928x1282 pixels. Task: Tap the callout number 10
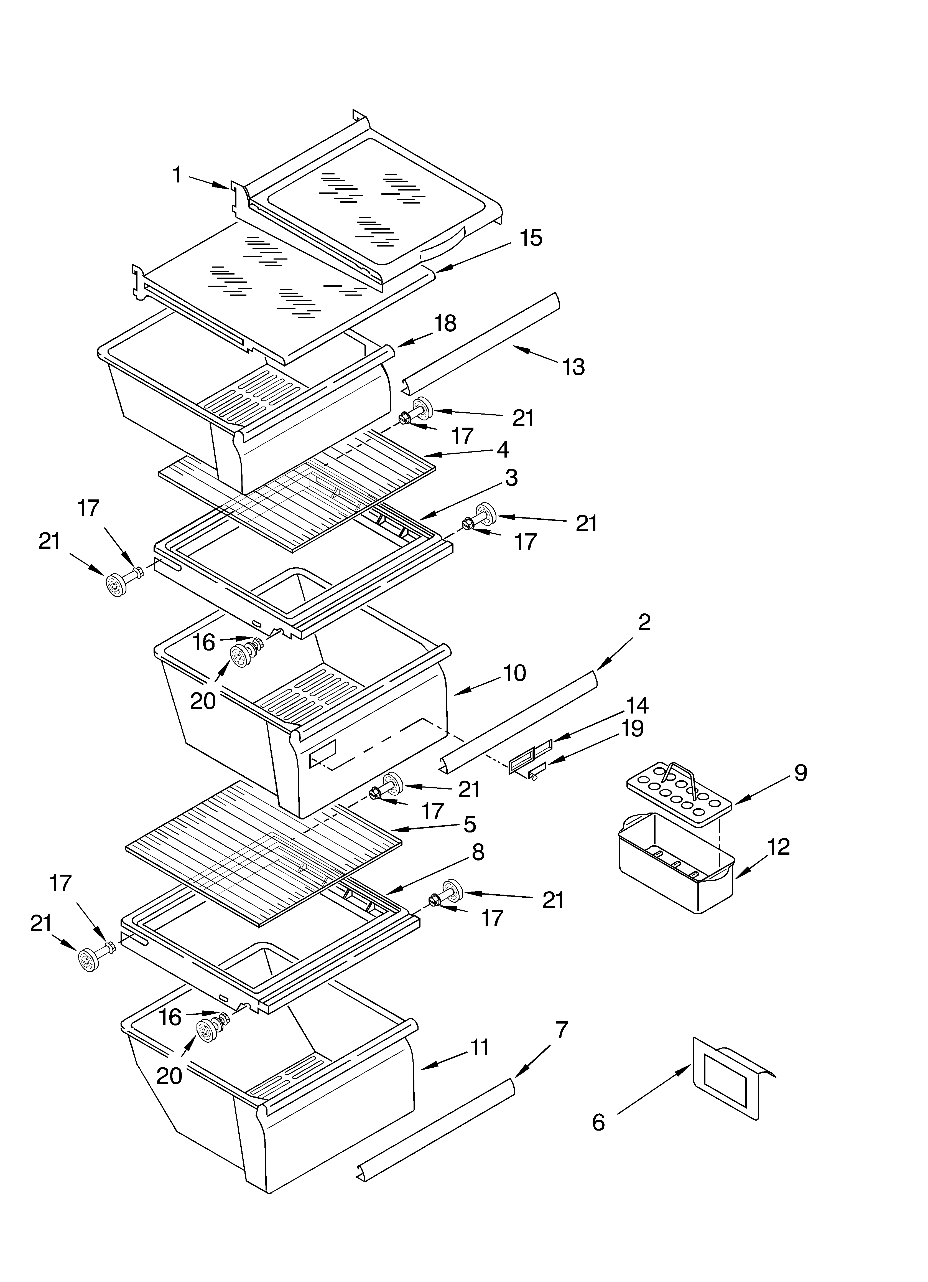tap(514, 673)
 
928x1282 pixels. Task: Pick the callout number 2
tap(644, 622)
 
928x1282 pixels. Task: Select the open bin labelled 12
tap(675, 873)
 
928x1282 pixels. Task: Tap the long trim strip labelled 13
tap(480, 345)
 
